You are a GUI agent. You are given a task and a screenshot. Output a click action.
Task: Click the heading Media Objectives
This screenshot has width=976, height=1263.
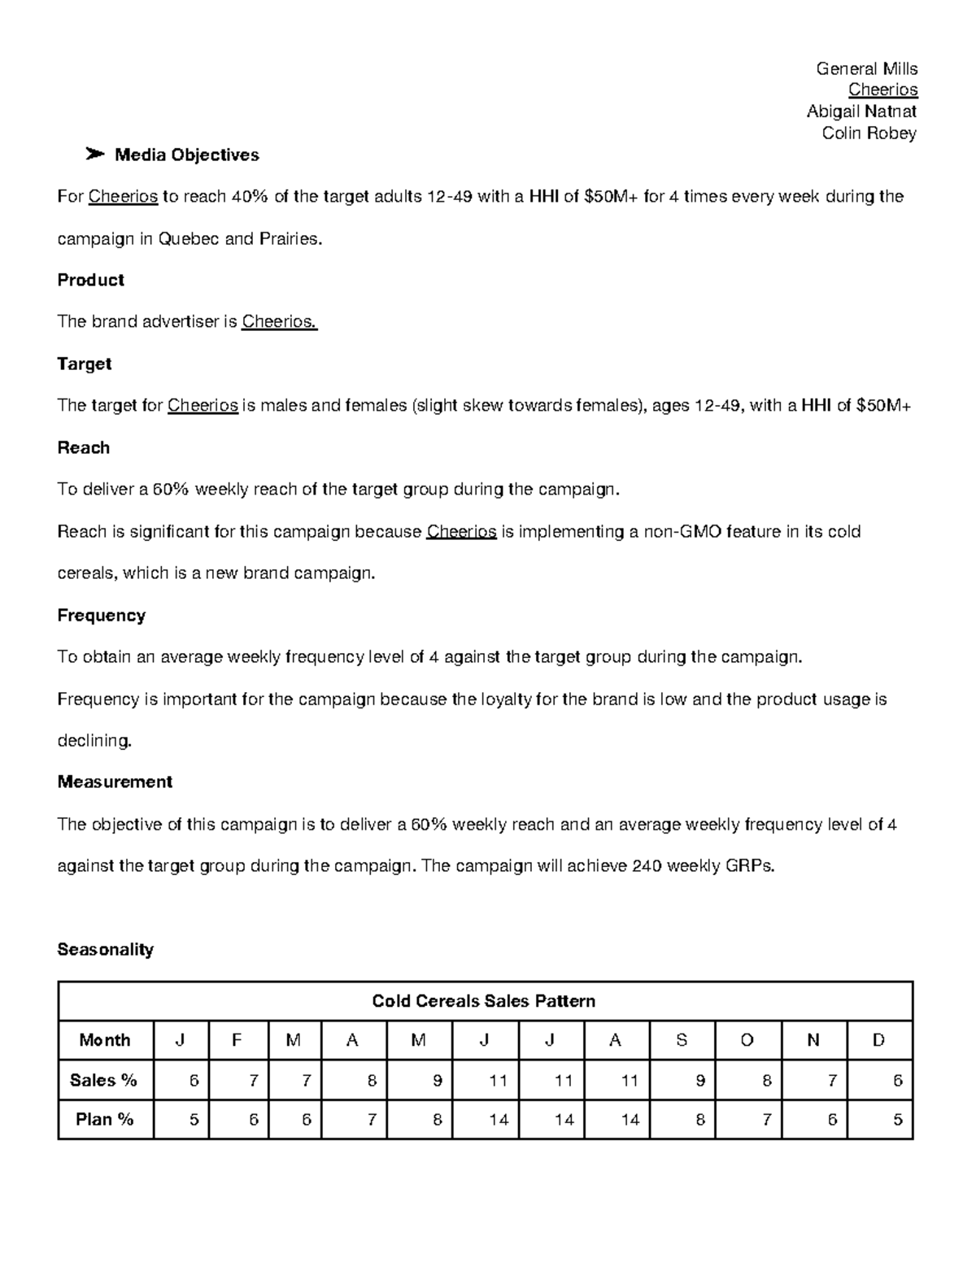[x=186, y=155]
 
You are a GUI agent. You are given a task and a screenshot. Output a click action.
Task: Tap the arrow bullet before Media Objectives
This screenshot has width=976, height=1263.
[x=94, y=154]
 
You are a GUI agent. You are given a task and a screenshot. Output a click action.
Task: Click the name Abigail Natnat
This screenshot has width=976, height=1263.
[x=861, y=111]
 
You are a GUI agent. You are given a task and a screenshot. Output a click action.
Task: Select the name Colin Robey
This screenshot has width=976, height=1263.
[x=869, y=133]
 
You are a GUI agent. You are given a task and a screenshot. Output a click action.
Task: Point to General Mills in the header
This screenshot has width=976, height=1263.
[x=867, y=68]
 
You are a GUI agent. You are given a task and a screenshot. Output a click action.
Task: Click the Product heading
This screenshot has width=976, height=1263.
[x=90, y=280]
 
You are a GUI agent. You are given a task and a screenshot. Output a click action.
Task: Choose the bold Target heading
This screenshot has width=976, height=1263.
[x=84, y=364]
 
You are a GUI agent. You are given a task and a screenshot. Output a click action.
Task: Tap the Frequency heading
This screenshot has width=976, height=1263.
[x=101, y=615]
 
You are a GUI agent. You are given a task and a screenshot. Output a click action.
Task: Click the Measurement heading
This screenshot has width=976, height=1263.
[x=115, y=782]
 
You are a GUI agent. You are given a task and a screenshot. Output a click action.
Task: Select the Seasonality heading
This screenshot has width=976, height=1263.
[x=105, y=949]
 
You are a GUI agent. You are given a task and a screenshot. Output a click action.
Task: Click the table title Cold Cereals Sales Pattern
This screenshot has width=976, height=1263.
[x=484, y=1001]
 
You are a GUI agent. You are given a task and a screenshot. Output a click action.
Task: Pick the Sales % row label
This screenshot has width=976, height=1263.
[x=104, y=1080]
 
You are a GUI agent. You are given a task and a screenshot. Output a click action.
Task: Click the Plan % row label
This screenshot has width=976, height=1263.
[x=104, y=1119]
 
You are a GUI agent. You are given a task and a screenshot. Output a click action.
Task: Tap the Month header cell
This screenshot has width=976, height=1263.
[x=104, y=1040]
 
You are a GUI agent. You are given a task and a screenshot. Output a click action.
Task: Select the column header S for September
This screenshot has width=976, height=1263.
[x=682, y=1040]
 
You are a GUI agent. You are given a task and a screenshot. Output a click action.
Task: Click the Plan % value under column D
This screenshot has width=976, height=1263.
[x=897, y=1120]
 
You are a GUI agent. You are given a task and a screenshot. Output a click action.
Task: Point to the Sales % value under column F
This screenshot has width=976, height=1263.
[x=254, y=1081]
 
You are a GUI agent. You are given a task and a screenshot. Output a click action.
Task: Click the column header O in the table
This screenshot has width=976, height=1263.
[x=747, y=1040]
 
